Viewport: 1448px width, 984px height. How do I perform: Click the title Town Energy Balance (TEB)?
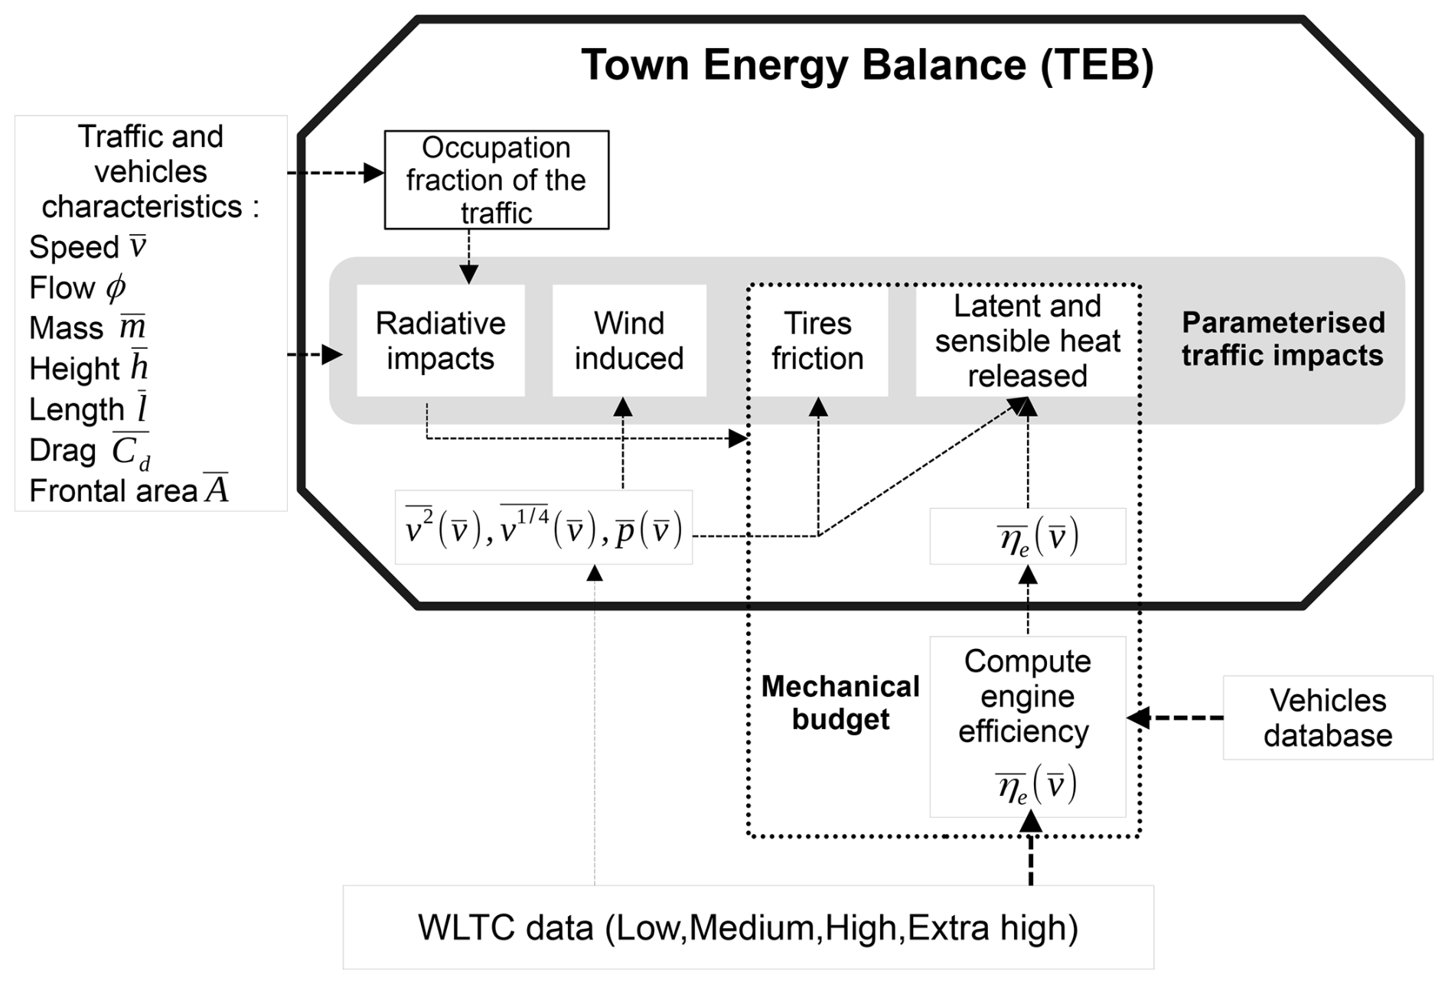click(867, 64)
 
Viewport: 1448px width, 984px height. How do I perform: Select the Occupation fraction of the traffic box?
click(496, 180)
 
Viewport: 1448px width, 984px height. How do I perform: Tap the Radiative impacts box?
click(441, 340)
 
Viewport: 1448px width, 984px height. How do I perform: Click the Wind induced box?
click(629, 340)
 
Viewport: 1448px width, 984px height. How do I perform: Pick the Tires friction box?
click(817, 340)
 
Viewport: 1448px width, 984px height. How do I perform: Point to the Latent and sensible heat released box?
click(1027, 340)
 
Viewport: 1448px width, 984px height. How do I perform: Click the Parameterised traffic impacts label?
click(1283, 339)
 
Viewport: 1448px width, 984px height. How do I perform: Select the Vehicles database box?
click(1327, 718)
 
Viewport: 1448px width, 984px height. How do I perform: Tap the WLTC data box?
click(748, 927)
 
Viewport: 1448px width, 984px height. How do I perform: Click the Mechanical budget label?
click(840, 702)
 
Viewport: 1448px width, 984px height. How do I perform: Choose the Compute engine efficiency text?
click(1026, 696)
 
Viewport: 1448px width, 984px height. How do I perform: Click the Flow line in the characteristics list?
click(77, 288)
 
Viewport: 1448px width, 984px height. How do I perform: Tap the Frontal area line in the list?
click(129, 490)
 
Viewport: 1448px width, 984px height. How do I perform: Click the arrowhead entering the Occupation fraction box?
click(373, 173)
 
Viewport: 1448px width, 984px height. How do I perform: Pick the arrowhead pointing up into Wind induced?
click(623, 407)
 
